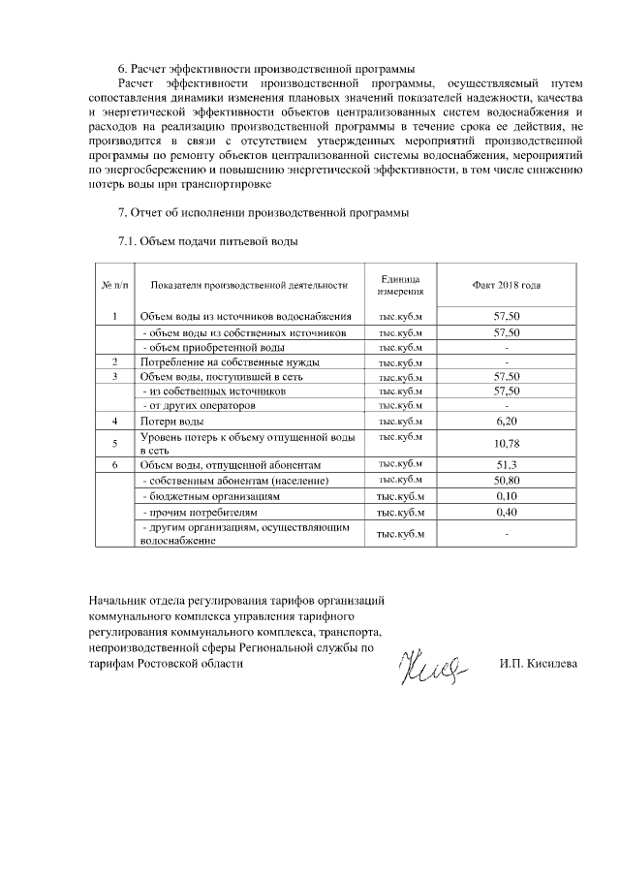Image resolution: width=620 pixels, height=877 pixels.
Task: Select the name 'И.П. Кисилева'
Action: pos(538,664)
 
